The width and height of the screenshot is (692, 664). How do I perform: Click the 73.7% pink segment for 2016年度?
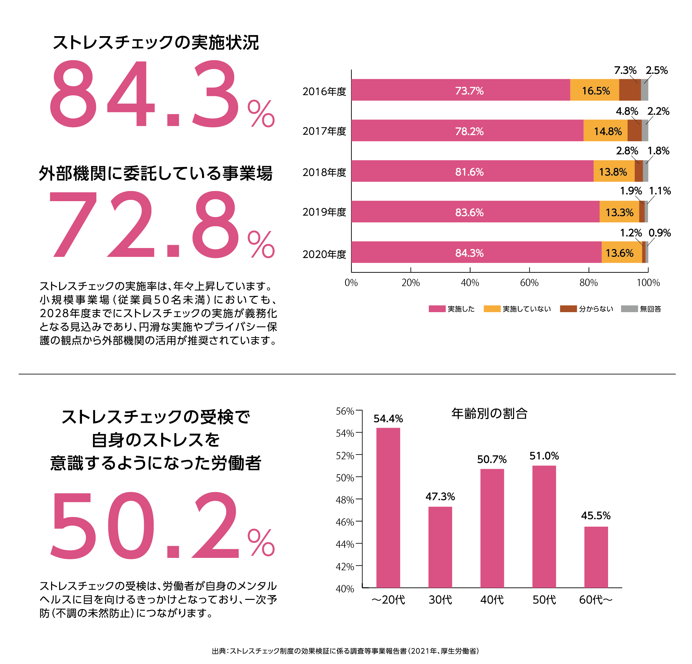click(460, 90)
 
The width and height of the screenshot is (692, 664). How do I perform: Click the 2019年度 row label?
click(324, 212)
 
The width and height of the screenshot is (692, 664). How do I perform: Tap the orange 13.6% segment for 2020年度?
click(621, 253)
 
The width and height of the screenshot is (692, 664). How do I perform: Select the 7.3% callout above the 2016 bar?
click(625, 70)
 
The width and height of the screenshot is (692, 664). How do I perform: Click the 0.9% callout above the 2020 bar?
click(659, 233)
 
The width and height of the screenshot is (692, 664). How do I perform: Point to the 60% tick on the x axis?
click(529, 283)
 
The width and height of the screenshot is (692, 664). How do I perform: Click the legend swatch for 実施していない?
click(492, 309)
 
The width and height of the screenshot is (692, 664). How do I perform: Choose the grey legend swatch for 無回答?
click(629, 309)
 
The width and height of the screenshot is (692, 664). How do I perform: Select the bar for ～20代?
click(388, 509)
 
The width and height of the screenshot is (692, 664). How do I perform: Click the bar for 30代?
click(440, 547)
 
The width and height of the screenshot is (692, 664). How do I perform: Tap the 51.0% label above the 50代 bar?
click(544, 456)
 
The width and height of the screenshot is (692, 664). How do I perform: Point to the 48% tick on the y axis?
click(345, 500)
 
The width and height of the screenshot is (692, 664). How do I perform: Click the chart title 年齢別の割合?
click(489, 413)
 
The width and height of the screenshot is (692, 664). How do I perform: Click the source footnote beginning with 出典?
click(345, 651)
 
